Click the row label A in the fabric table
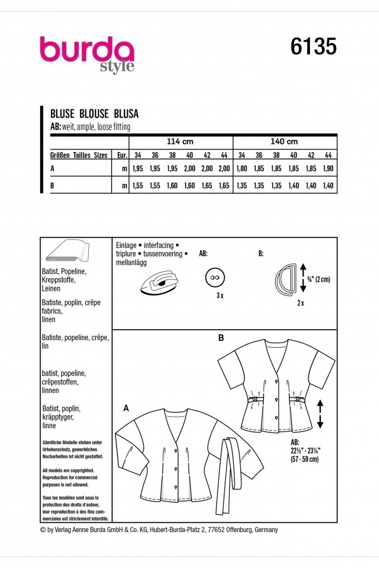tap(53, 169)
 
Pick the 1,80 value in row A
tap(243, 169)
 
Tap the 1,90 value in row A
tap(328, 169)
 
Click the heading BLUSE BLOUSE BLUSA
tap(95, 114)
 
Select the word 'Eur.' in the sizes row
tap(121, 156)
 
